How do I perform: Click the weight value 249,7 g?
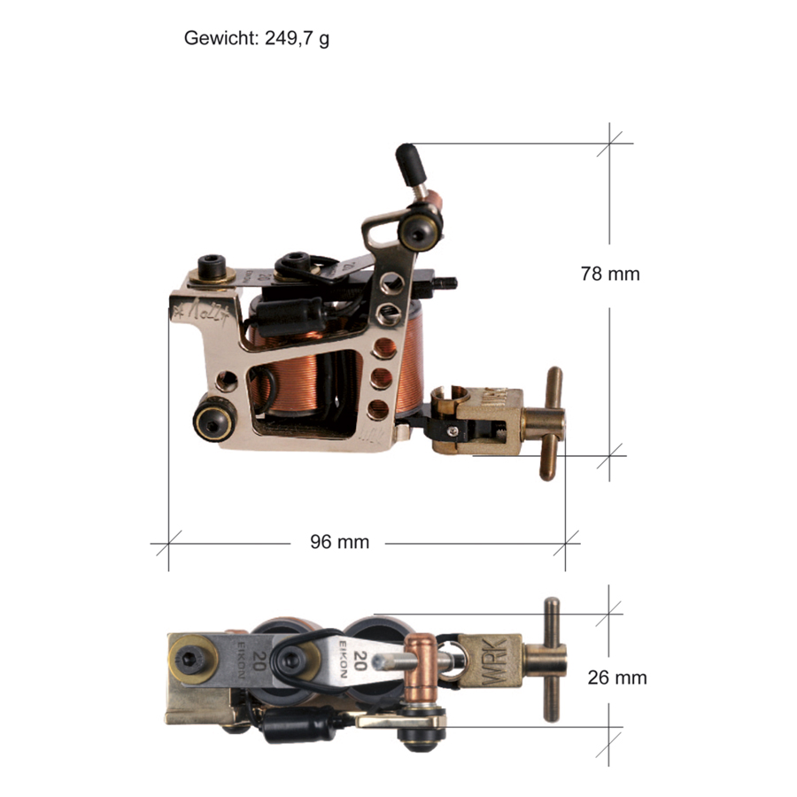tap(297, 39)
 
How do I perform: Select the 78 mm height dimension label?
tap(609, 274)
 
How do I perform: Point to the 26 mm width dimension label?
tap(616, 677)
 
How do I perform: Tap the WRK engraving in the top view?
tap(492, 662)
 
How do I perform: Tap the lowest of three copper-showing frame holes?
tap(378, 408)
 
